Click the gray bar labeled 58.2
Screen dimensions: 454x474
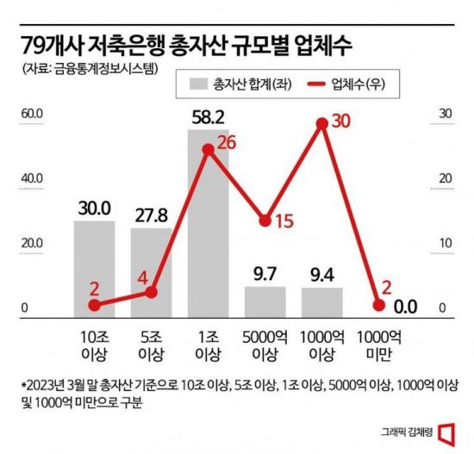click(x=208, y=228)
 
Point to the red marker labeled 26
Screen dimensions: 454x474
click(x=208, y=150)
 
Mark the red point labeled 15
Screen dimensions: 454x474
click(x=265, y=220)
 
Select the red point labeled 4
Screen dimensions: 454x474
click(x=151, y=293)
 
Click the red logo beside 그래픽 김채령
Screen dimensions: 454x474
click(x=445, y=431)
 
